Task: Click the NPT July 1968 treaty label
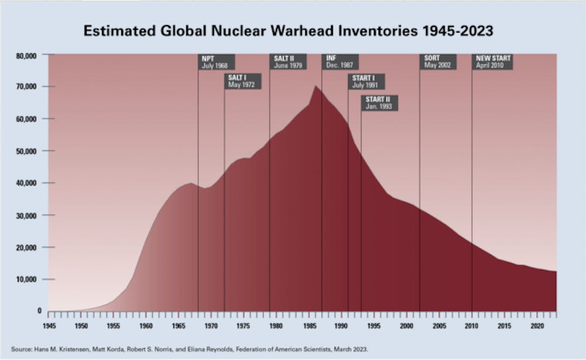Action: [216, 62]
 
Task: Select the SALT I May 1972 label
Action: [243, 81]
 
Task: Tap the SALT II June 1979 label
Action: [288, 62]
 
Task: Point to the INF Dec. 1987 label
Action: [339, 62]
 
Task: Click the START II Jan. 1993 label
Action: [379, 103]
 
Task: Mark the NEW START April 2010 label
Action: [493, 62]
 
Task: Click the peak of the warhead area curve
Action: [315, 86]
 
